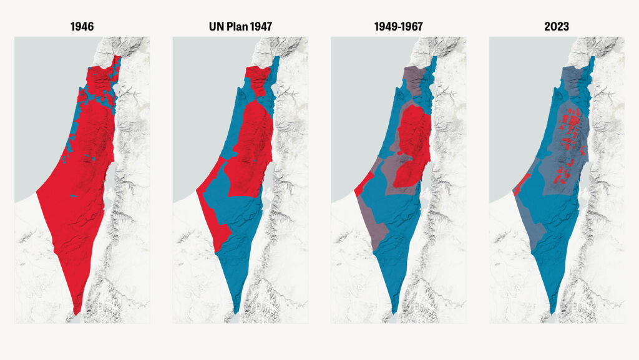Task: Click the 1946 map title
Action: coord(82,27)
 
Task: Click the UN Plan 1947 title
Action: coord(240,27)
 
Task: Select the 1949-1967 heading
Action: coord(398,27)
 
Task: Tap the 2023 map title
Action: coord(556,27)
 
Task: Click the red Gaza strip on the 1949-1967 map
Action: coord(364,183)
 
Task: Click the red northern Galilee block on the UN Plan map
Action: coord(256,79)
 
